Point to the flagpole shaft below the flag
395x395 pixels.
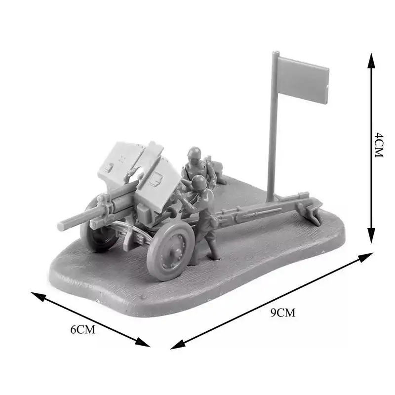272,148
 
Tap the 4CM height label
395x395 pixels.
379,145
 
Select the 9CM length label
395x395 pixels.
283,312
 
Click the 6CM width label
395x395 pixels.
82,329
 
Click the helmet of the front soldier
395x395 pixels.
199,182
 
